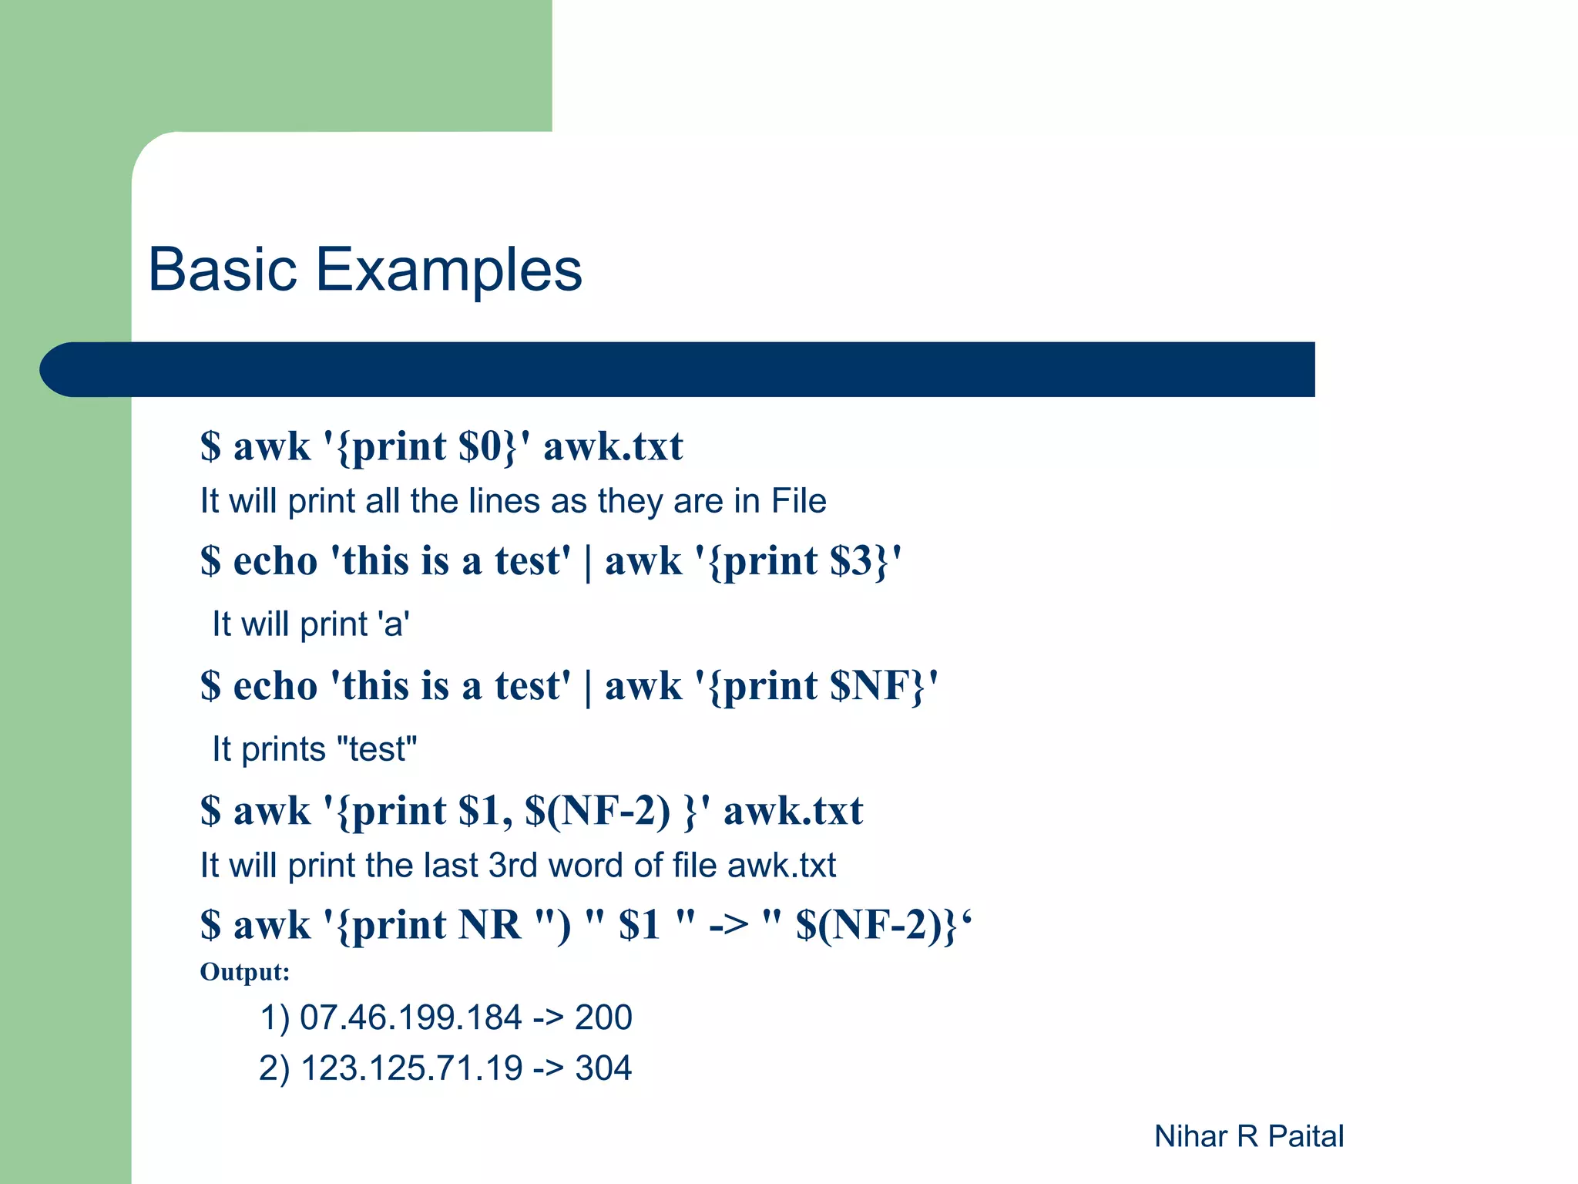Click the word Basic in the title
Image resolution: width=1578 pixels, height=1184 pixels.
pyautogui.click(x=223, y=269)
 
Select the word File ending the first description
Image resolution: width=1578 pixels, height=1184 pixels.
pyautogui.click(x=798, y=501)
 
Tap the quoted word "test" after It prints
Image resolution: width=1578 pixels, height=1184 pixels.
pyautogui.click(x=378, y=749)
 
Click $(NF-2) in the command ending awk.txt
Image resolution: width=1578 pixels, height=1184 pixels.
pyautogui.click(x=597, y=811)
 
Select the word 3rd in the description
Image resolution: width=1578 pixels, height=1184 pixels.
pyautogui.click(x=513, y=866)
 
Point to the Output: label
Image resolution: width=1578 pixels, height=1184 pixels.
pyautogui.click(x=244, y=972)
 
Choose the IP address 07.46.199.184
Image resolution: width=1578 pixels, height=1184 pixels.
pyautogui.click(x=411, y=1017)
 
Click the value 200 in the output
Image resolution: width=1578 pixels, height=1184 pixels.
pyautogui.click(x=603, y=1017)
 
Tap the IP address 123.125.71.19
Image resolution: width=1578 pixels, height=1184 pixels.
pyautogui.click(x=411, y=1068)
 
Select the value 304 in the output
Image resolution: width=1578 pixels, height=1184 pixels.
pyautogui.click(x=603, y=1068)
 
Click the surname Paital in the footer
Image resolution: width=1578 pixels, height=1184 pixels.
pyautogui.click(x=1305, y=1136)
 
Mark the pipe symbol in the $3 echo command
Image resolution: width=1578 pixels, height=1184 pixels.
pyautogui.click(x=588, y=562)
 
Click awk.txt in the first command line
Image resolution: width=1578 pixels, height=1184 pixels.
pyautogui.click(x=613, y=446)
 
